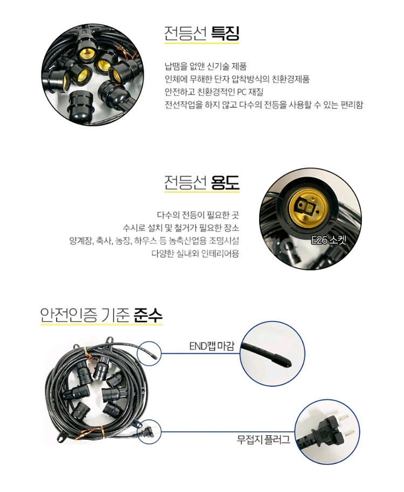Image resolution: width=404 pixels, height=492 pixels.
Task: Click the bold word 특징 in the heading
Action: (x=225, y=33)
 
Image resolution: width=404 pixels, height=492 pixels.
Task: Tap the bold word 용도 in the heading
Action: (x=225, y=182)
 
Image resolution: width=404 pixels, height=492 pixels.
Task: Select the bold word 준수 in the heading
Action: (x=148, y=315)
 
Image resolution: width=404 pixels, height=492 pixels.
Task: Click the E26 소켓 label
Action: (x=329, y=241)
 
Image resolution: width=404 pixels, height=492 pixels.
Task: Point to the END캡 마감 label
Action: (x=212, y=346)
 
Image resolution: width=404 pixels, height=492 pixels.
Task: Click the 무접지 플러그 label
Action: (x=263, y=439)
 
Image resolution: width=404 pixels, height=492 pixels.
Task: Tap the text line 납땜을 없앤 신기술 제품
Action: (x=206, y=66)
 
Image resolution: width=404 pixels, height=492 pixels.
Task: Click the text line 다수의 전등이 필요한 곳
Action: (x=198, y=215)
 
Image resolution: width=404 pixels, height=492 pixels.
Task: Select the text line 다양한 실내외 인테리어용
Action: (x=195, y=253)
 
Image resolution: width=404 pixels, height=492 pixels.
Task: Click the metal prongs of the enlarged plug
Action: (x=349, y=425)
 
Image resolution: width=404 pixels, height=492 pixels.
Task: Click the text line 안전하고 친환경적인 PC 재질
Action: (x=214, y=92)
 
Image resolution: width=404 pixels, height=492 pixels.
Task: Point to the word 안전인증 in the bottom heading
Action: (x=68, y=315)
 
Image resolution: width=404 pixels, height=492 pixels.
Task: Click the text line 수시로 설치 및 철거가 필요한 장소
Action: (x=181, y=228)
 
